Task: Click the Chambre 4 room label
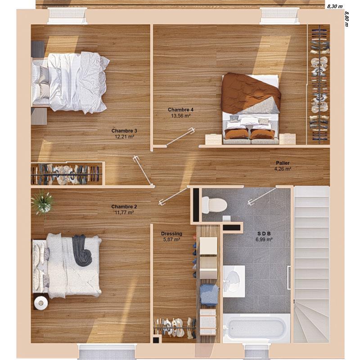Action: [180, 110]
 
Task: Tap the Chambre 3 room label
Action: [124, 131]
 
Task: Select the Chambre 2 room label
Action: [124, 207]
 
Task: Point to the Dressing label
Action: [171, 234]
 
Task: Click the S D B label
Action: [265, 234]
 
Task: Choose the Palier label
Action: [283, 163]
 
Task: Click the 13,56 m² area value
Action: [180, 116]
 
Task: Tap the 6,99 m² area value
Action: [265, 240]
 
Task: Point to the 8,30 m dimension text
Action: [335, 6]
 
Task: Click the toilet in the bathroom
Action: [214, 205]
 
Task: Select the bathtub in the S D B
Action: [256, 328]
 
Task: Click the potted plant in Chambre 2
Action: [43, 202]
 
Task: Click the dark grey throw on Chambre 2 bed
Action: [82, 250]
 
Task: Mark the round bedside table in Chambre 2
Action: [41, 303]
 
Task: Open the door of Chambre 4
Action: [180, 138]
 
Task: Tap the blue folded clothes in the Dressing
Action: [209, 295]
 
